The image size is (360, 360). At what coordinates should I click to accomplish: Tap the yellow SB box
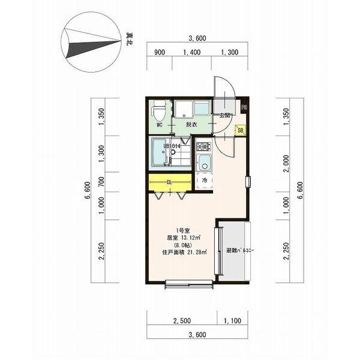click(x=241, y=130)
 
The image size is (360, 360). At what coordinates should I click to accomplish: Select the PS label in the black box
click(x=244, y=107)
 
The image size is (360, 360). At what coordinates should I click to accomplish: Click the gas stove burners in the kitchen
click(x=203, y=146)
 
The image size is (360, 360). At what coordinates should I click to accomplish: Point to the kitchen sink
click(x=203, y=163)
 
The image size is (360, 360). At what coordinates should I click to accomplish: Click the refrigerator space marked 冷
click(x=204, y=180)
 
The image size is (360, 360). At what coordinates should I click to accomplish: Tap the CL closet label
click(x=169, y=182)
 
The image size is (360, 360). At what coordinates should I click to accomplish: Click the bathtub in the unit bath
click(x=160, y=152)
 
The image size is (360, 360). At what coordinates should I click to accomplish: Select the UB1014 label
click(x=172, y=146)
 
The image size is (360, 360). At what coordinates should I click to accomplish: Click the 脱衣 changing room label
click(x=191, y=124)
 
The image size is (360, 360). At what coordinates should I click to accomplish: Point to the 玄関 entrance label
click(x=225, y=115)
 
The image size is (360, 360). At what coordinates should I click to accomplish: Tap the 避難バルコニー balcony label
click(x=240, y=250)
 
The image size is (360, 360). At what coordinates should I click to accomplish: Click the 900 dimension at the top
click(x=160, y=52)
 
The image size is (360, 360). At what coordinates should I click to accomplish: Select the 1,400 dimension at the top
click(x=192, y=52)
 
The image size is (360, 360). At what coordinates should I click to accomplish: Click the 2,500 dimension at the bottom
click(x=182, y=320)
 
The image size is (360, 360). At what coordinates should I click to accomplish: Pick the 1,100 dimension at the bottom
click(x=232, y=320)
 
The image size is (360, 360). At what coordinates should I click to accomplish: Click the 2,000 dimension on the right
click(x=286, y=163)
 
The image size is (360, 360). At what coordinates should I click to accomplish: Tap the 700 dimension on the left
click(x=101, y=182)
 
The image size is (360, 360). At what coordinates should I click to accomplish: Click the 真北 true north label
click(x=130, y=39)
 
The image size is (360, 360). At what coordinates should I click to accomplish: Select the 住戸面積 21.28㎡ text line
click(x=185, y=253)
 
